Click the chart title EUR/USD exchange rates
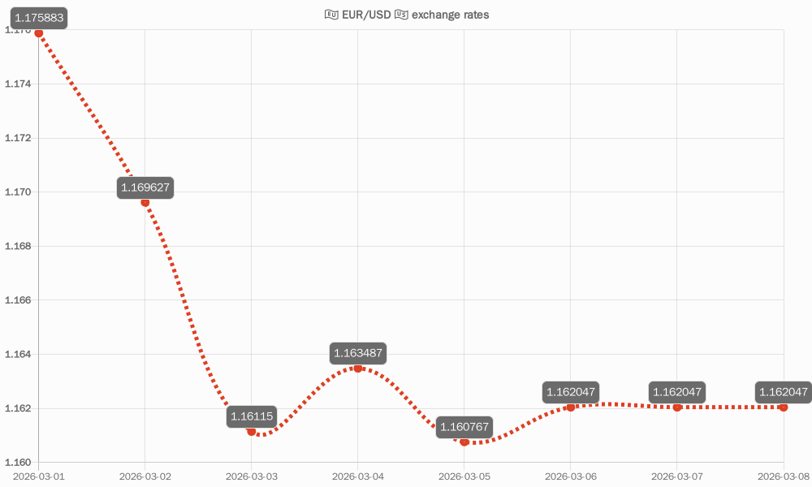click(407, 15)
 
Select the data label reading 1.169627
click(145, 187)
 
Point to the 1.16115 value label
click(252, 416)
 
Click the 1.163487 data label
click(358, 353)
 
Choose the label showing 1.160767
click(464, 427)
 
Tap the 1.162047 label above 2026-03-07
click(677, 392)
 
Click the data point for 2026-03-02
click(145, 202)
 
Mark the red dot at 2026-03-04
click(358, 368)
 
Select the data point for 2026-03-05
click(464, 442)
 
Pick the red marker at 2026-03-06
click(571, 407)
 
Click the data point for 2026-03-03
click(252, 431)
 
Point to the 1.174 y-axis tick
click(18, 84)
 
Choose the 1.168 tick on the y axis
click(18, 246)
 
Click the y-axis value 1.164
click(18, 354)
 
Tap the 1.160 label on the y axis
click(18, 462)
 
